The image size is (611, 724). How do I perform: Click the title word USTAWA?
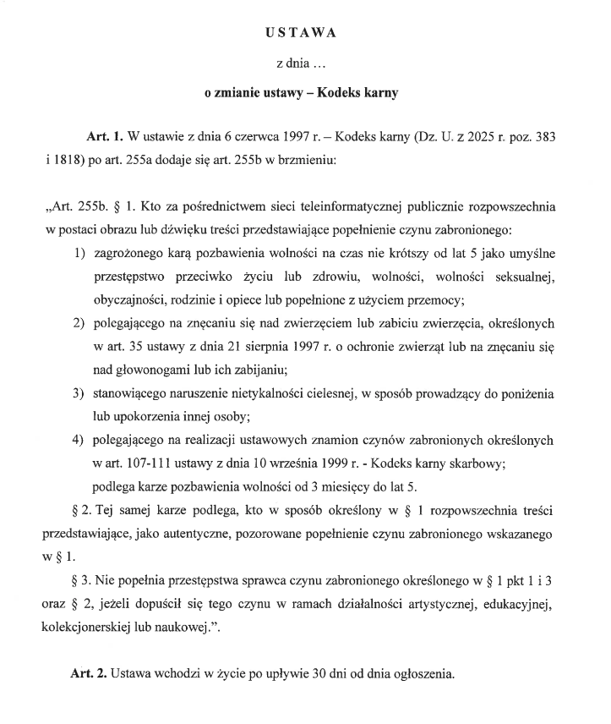click(x=301, y=33)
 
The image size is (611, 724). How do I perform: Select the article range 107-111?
click(x=145, y=463)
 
